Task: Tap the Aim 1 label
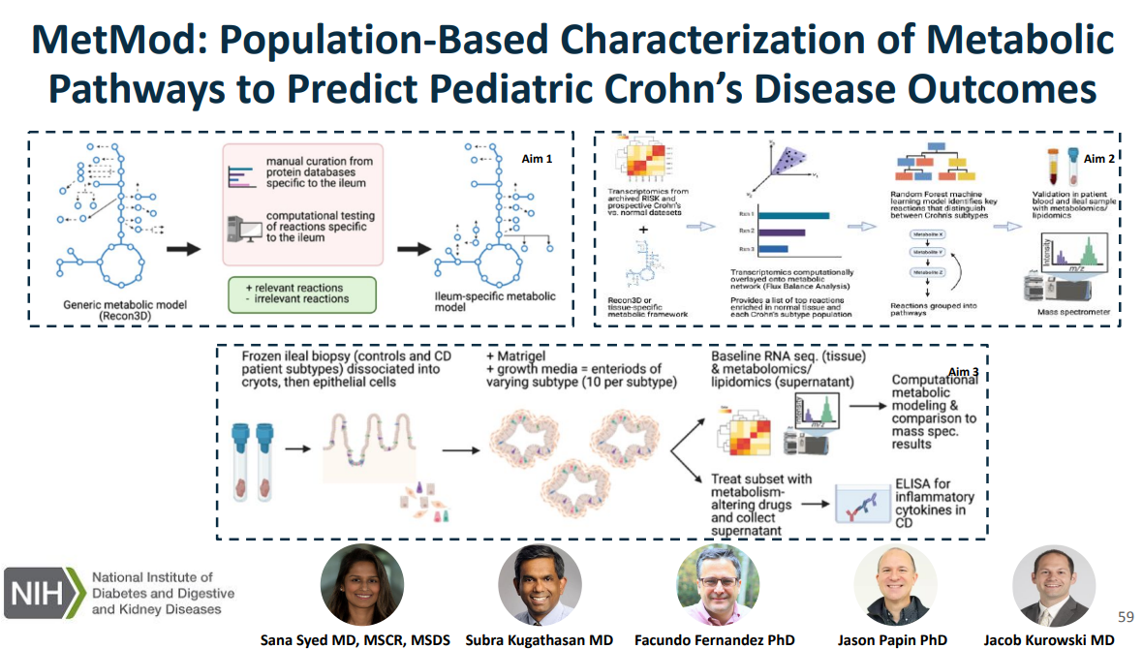(x=538, y=159)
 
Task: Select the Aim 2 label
(x=1099, y=159)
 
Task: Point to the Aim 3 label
(x=963, y=372)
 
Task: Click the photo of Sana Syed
(x=362, y=586)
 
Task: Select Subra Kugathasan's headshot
(x=540, y=586)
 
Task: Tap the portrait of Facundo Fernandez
(x=718, y=586)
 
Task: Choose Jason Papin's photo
(x=895, y=586)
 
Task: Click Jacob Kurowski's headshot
(x=1053, y=586)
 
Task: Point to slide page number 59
(x=1126, y=617)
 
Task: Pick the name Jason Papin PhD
(x=893, y=639)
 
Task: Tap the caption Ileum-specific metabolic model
(x=479, y=301)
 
